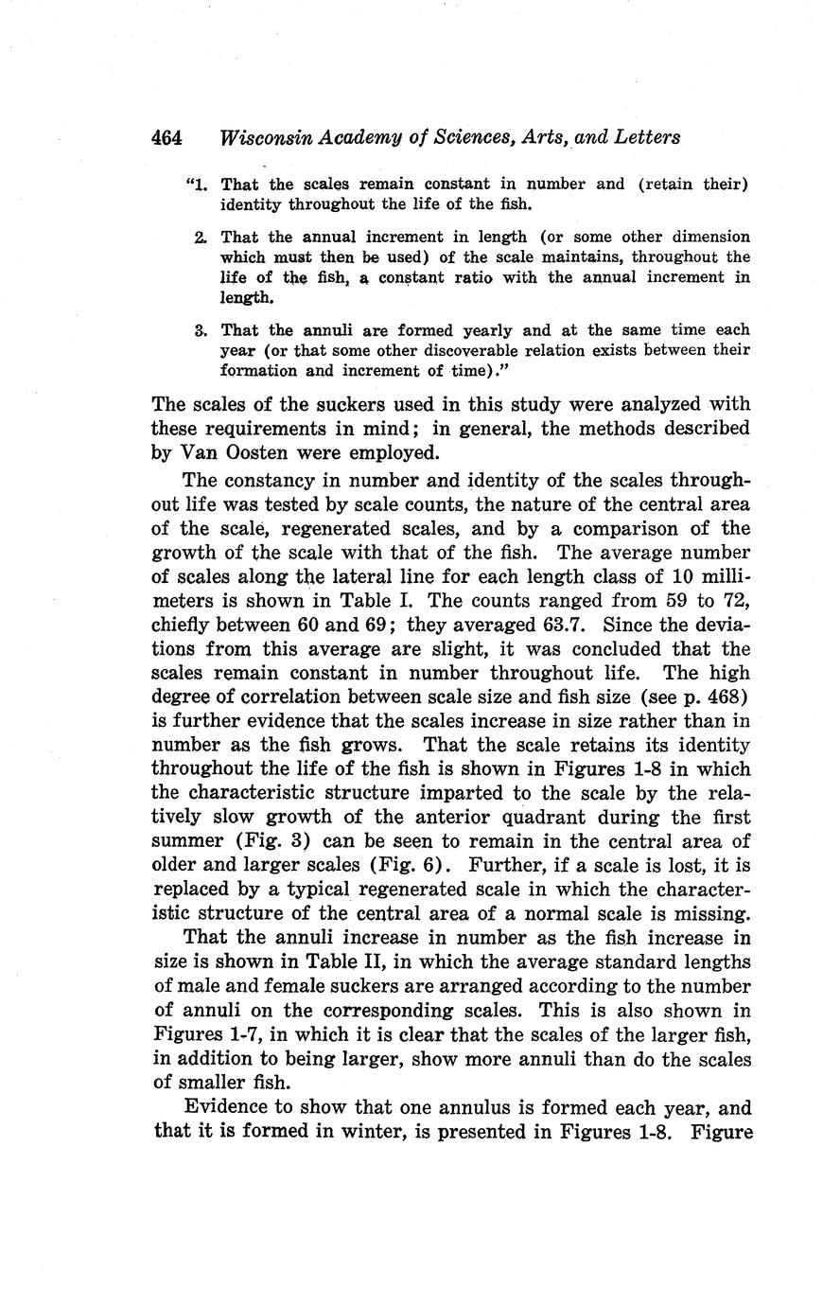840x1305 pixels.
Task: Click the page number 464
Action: (x=166, y=137)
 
